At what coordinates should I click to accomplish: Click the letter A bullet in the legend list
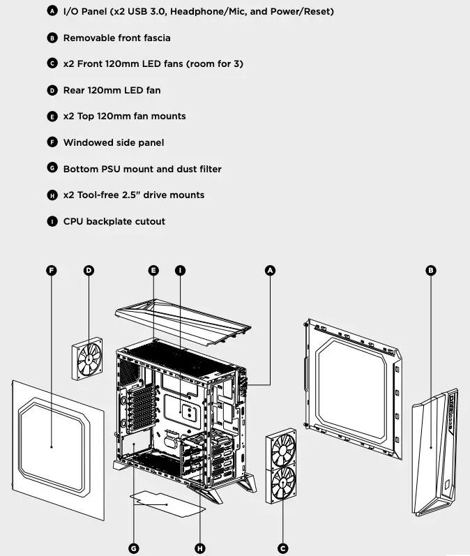(x=52, y=12)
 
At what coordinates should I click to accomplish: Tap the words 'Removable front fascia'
(x=116, y=38)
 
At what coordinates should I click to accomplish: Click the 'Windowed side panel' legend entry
(x=114, y=142)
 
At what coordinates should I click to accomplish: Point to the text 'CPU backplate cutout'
(x=114, y=221)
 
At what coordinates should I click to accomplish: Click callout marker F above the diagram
(x=51, y=271)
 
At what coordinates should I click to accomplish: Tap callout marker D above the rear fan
(x=89, y=271)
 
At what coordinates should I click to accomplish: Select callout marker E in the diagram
(x=154, y=271)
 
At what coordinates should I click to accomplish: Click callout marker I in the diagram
(x=180, y=271)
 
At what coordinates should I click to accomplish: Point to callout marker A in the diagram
(x=271, y=271)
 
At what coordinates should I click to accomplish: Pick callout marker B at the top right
(x=430, y=271)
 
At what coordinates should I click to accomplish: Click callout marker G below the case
(x=133, y=548)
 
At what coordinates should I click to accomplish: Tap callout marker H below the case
(x=201, y=548)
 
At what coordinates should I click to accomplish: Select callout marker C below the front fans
(x=282, y=548)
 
